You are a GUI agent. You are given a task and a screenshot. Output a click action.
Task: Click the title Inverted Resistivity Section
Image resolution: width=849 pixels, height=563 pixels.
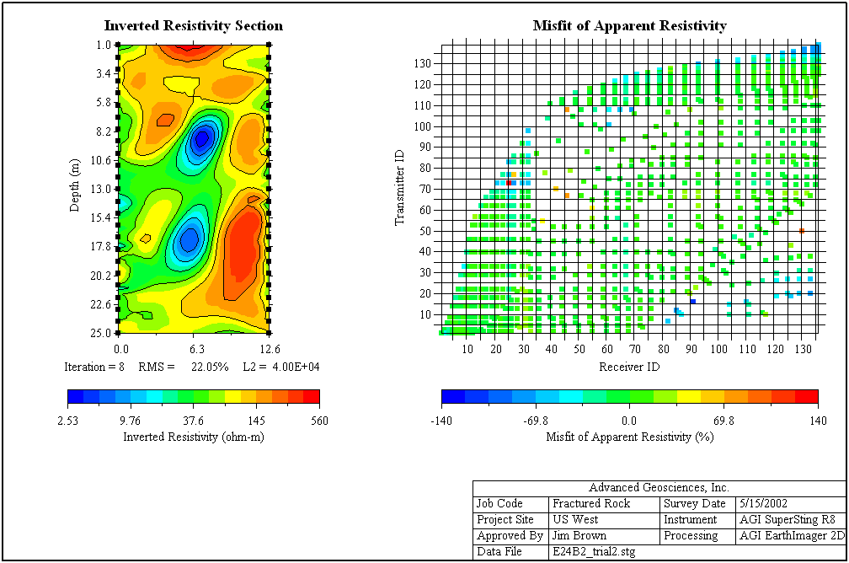(193, 26)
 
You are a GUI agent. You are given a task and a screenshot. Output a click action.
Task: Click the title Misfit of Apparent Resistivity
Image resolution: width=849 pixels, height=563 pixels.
(629, 26)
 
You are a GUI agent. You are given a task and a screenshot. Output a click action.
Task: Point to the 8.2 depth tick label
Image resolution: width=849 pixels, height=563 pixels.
(104, 131)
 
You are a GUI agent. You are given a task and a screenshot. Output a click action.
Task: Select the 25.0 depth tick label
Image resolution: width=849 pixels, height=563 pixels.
(104, 333)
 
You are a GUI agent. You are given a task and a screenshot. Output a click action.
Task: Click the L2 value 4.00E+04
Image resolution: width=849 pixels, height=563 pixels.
(292, 367)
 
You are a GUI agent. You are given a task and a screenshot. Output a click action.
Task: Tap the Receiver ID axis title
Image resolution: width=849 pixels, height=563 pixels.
(628, 367)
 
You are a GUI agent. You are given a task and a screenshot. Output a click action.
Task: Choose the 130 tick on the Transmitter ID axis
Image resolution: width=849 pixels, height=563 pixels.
(423, 63)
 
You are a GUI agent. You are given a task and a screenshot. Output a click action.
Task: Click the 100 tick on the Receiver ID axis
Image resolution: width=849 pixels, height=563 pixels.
(718, 349)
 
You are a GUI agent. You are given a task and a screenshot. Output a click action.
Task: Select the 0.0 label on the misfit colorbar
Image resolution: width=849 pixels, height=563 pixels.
(628, 421)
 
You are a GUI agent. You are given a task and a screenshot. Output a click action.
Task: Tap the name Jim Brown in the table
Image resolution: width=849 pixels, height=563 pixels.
(579, 535)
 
